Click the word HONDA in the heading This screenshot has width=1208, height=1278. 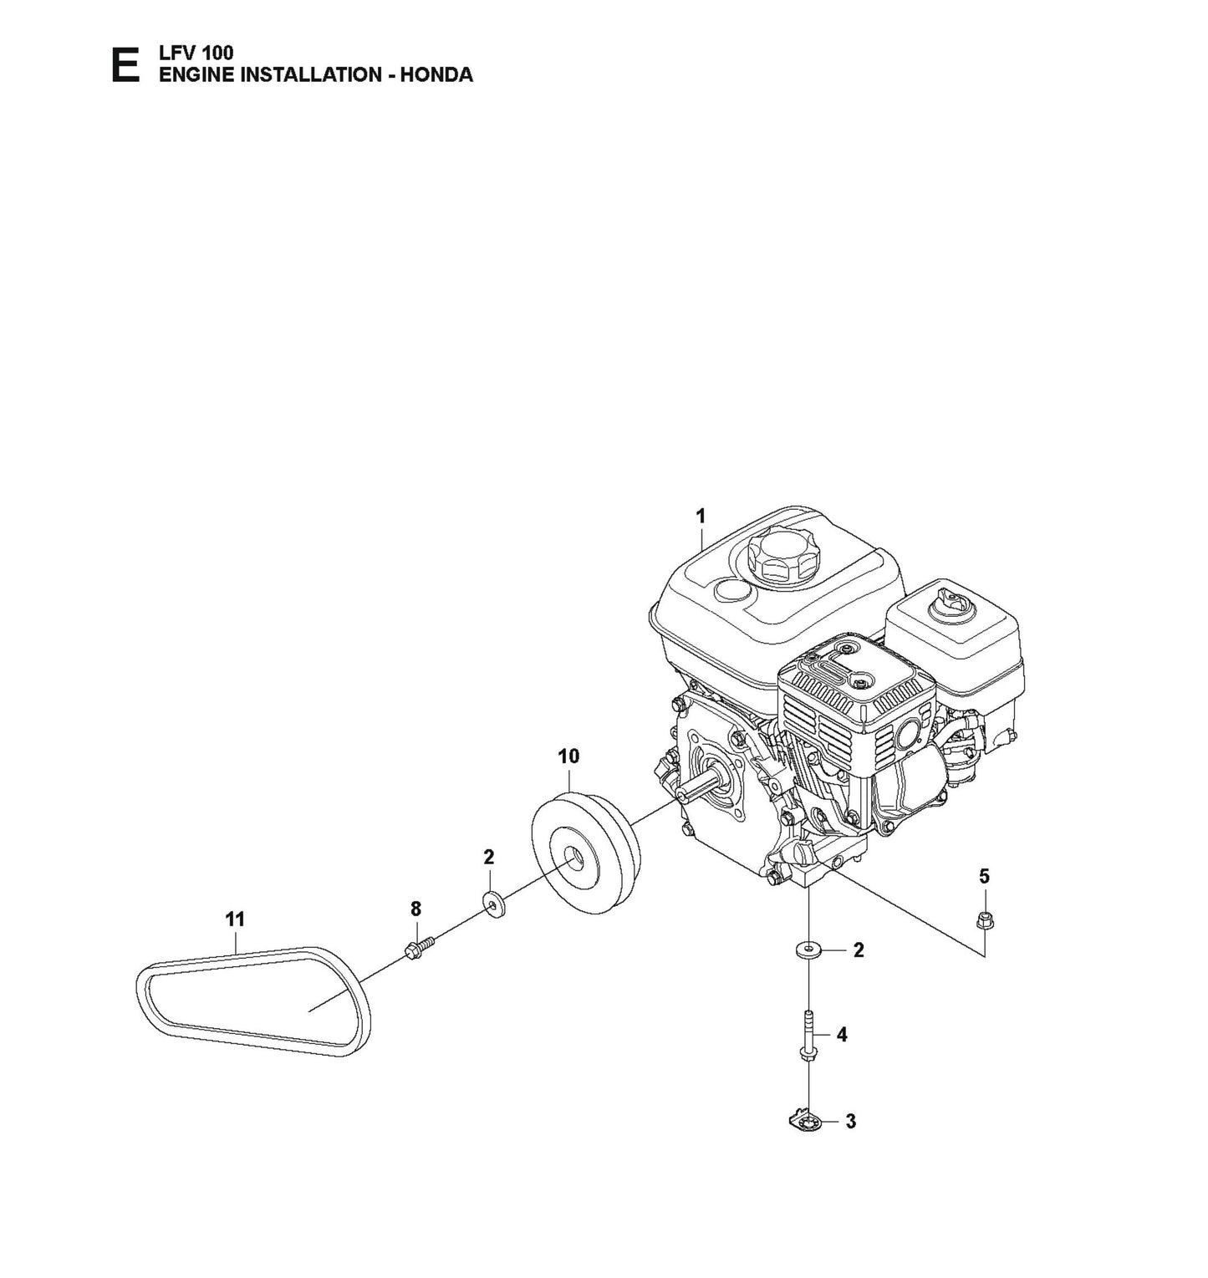pos(436,74)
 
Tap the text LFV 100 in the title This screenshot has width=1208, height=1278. pos(196,53)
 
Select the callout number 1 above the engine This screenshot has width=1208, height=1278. pos(701,516)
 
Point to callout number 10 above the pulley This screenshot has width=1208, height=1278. pos(568,756)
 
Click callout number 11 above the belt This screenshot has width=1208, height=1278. pos(235,919)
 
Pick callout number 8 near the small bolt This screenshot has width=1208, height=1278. pos(415,909)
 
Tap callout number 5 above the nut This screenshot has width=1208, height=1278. pos(984,876)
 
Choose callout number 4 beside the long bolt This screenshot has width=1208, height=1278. pos(842,1035)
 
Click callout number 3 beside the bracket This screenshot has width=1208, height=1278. pos(850,1122)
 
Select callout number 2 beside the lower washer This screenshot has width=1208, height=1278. pos(858,950)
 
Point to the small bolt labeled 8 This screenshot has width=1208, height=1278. pos(418,949)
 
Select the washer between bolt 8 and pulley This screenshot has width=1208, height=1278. pos(495,905)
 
